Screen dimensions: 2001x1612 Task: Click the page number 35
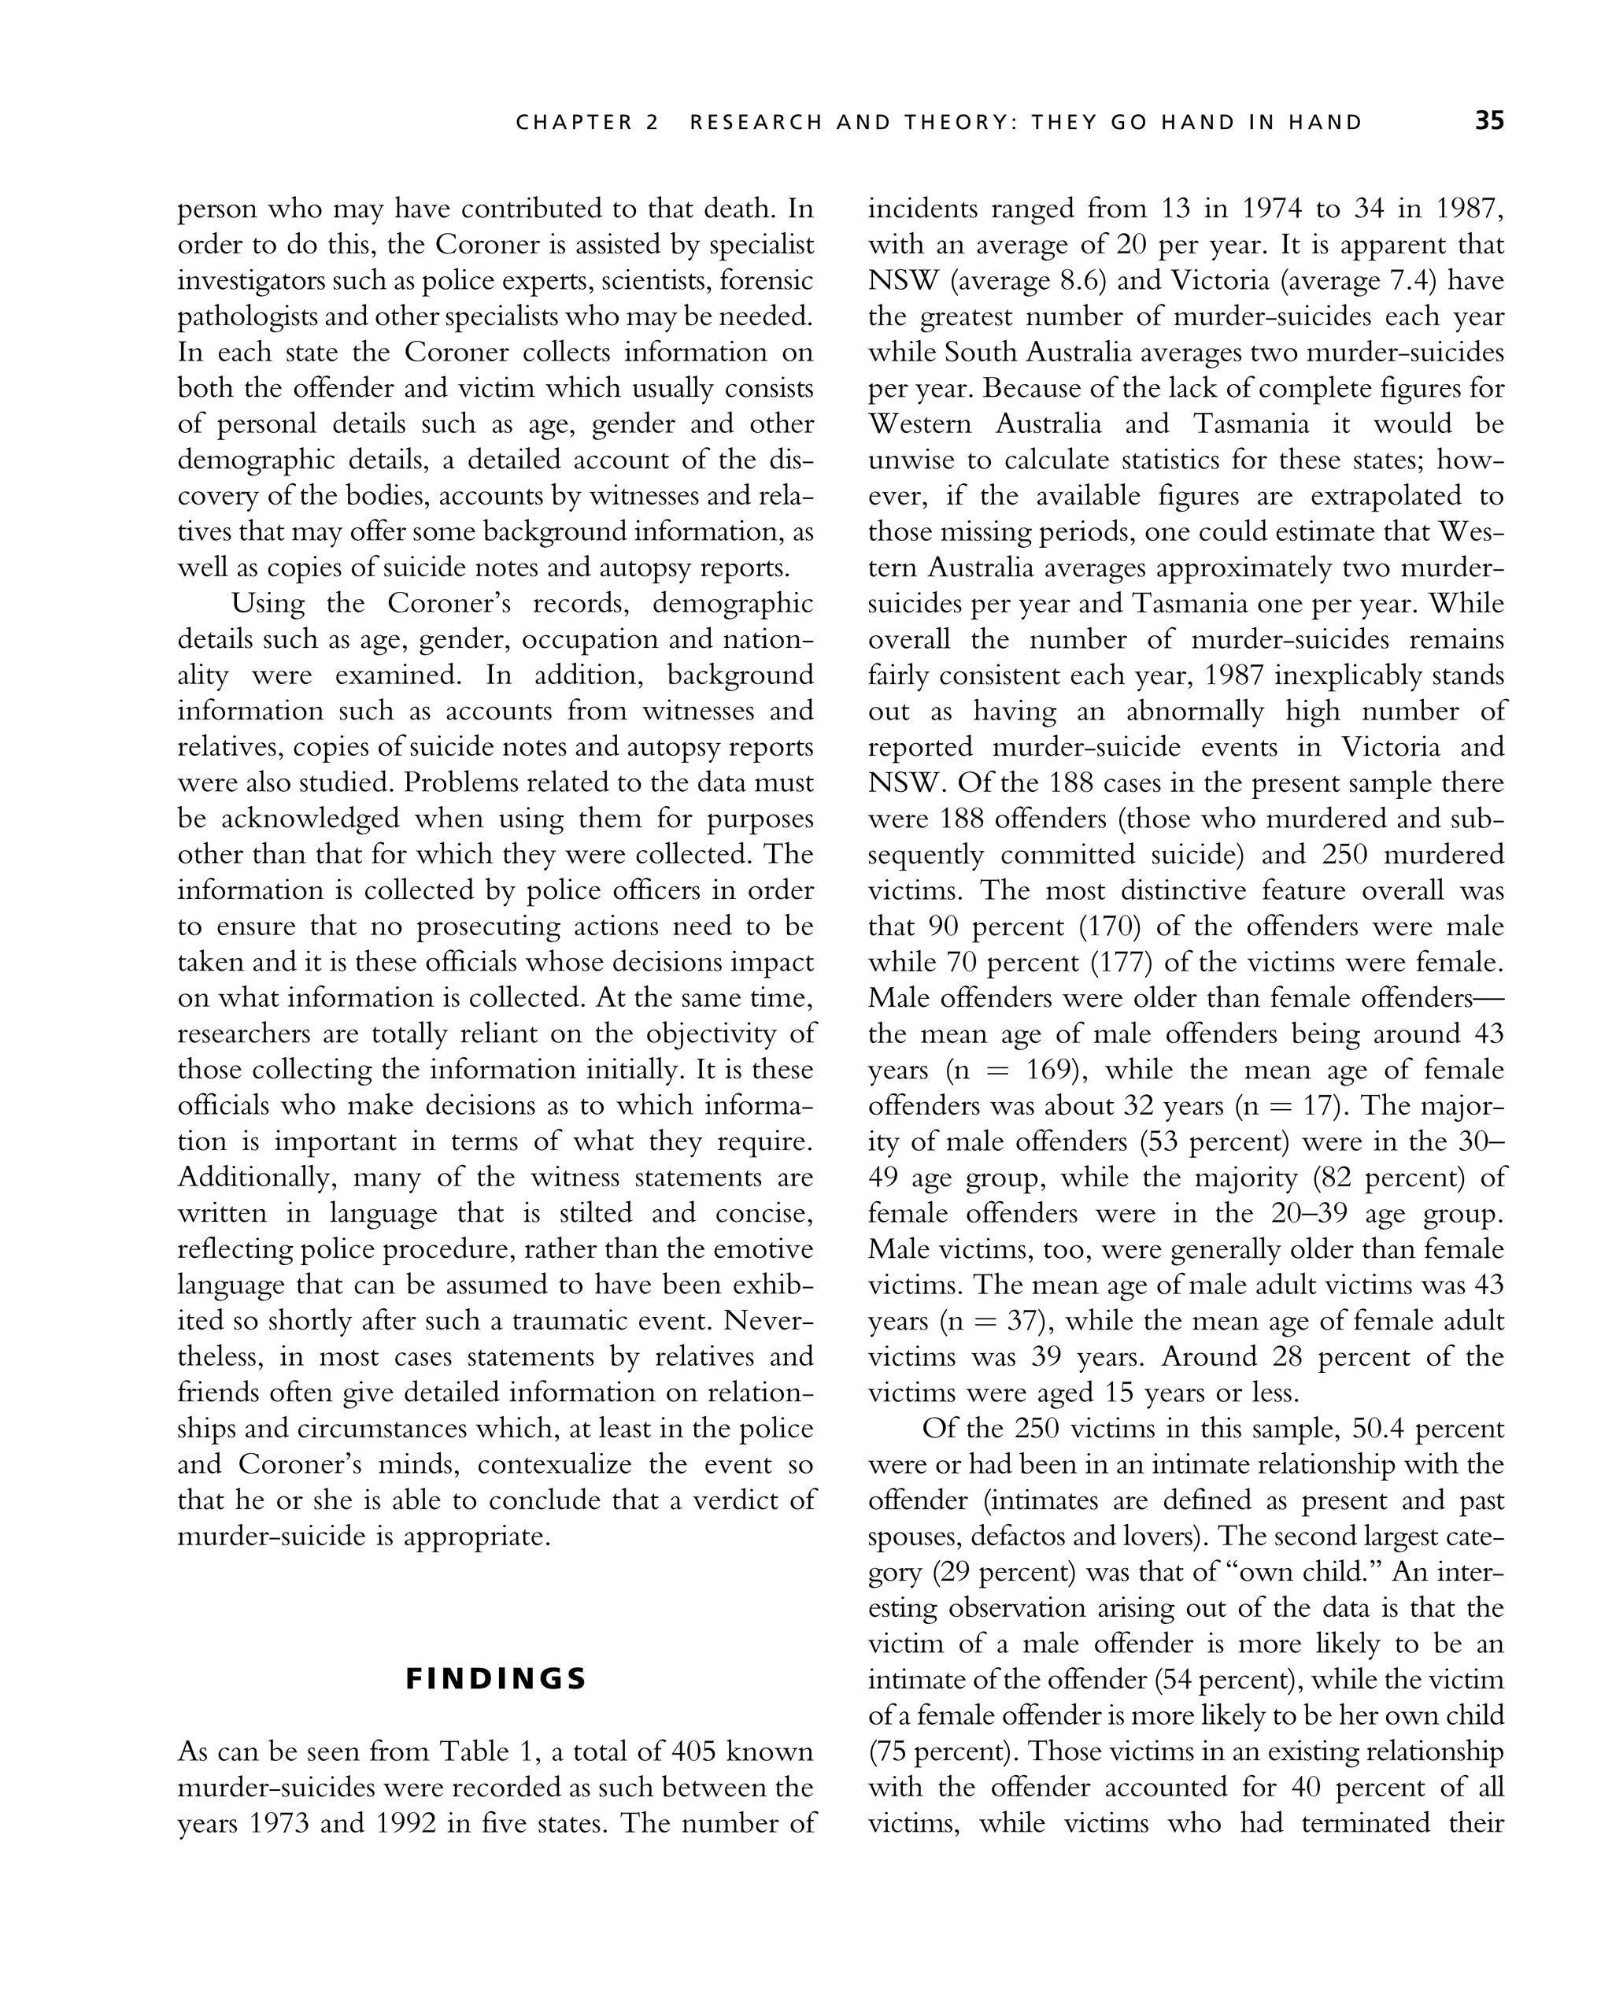tap(1488, 122)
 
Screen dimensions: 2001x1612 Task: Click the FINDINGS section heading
tap(497, 1679)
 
